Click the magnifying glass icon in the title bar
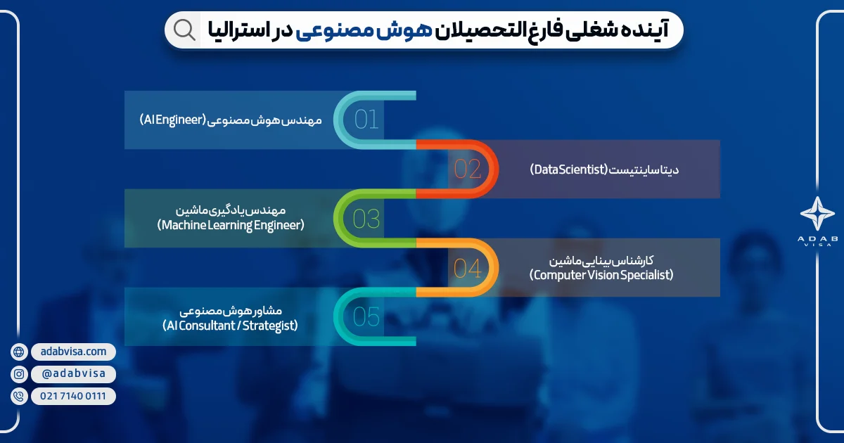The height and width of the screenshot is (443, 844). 184,30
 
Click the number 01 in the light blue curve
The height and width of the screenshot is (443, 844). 366,120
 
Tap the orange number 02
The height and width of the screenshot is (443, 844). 467,169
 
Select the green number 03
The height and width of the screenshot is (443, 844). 366,219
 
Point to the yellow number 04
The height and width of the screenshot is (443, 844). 467,269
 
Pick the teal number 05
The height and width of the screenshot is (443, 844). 366,316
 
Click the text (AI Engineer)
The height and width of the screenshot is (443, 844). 173,120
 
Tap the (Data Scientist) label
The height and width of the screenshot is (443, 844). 569,169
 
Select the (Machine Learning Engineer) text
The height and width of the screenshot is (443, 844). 231,225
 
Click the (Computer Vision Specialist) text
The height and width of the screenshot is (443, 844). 601,275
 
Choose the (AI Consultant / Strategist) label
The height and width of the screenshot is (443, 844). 230,326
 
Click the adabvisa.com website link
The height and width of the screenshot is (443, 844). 73,352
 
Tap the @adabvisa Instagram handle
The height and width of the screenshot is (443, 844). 73,373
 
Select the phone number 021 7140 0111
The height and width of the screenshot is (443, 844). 73,396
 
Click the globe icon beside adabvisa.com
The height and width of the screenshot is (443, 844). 19,352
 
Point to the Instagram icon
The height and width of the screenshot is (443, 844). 19,374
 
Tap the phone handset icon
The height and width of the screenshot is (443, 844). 19,397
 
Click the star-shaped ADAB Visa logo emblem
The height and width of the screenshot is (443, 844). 817,213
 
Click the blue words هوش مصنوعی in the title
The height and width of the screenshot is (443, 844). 364,30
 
